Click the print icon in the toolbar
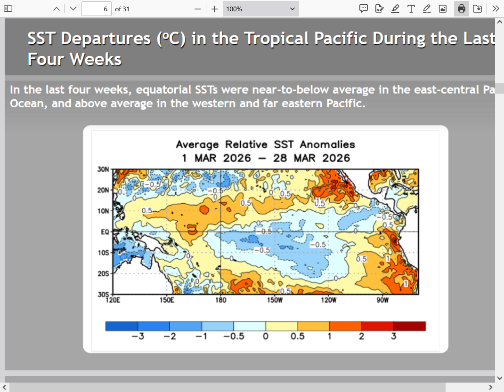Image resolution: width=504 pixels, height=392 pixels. (462, 8)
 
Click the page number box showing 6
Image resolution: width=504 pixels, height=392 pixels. (97, 8)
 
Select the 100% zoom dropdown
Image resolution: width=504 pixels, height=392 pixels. (260, 8)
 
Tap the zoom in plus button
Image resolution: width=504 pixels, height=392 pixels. (214, 8)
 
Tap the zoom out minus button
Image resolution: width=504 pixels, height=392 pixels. (198, 8)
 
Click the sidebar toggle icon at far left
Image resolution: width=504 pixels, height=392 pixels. (8, 8)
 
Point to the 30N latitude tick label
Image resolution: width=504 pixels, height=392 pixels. (103, 169)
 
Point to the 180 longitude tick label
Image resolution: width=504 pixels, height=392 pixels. (220, 300)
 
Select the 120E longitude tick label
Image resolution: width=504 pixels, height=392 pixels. (112, 300)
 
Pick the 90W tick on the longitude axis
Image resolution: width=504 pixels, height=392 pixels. (382, 300)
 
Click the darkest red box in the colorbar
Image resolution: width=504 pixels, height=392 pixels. (409, 326)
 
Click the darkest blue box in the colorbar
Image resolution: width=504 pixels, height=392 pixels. (122, 326)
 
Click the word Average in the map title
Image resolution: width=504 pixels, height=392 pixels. (197, 144)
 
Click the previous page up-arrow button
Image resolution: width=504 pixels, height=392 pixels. (57, 8)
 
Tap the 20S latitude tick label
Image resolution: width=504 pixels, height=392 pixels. (103, 273)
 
